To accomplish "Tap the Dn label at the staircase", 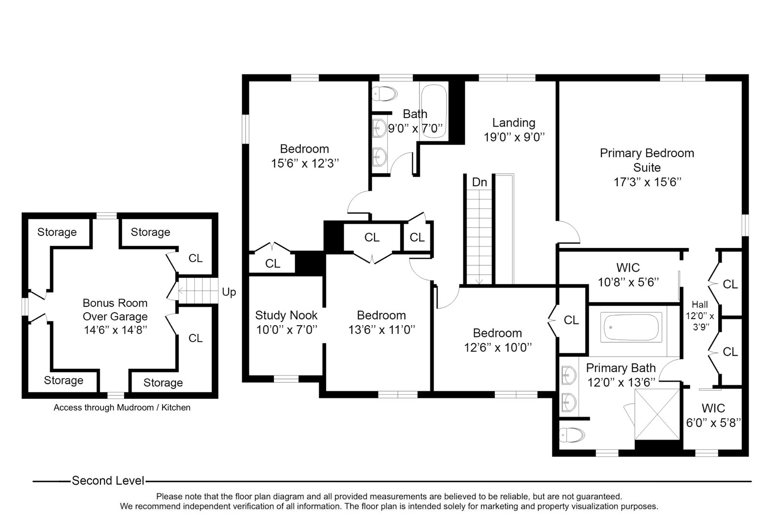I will tap(479, 182).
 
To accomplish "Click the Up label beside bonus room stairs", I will tap(229, 292).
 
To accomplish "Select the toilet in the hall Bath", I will tap(385, 93).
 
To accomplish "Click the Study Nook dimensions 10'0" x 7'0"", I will tap(286, 330).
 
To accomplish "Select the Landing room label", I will tap(514, 123).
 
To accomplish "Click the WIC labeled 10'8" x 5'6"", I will tap(628, 275).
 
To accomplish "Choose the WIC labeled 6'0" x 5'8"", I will tap(713, 415).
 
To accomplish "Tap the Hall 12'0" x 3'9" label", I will tap(700, 315).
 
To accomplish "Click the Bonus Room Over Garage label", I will tap(115, 310).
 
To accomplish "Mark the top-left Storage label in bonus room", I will tap(57, 232).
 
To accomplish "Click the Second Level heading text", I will tap(108, 480).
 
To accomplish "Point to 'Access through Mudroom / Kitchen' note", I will tap(122, 407).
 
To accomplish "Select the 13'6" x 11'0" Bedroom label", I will tap(381, 322).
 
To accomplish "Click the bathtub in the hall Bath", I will tap(434, 112).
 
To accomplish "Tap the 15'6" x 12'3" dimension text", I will tap(304, 163).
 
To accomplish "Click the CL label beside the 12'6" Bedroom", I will tap(571, 320).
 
